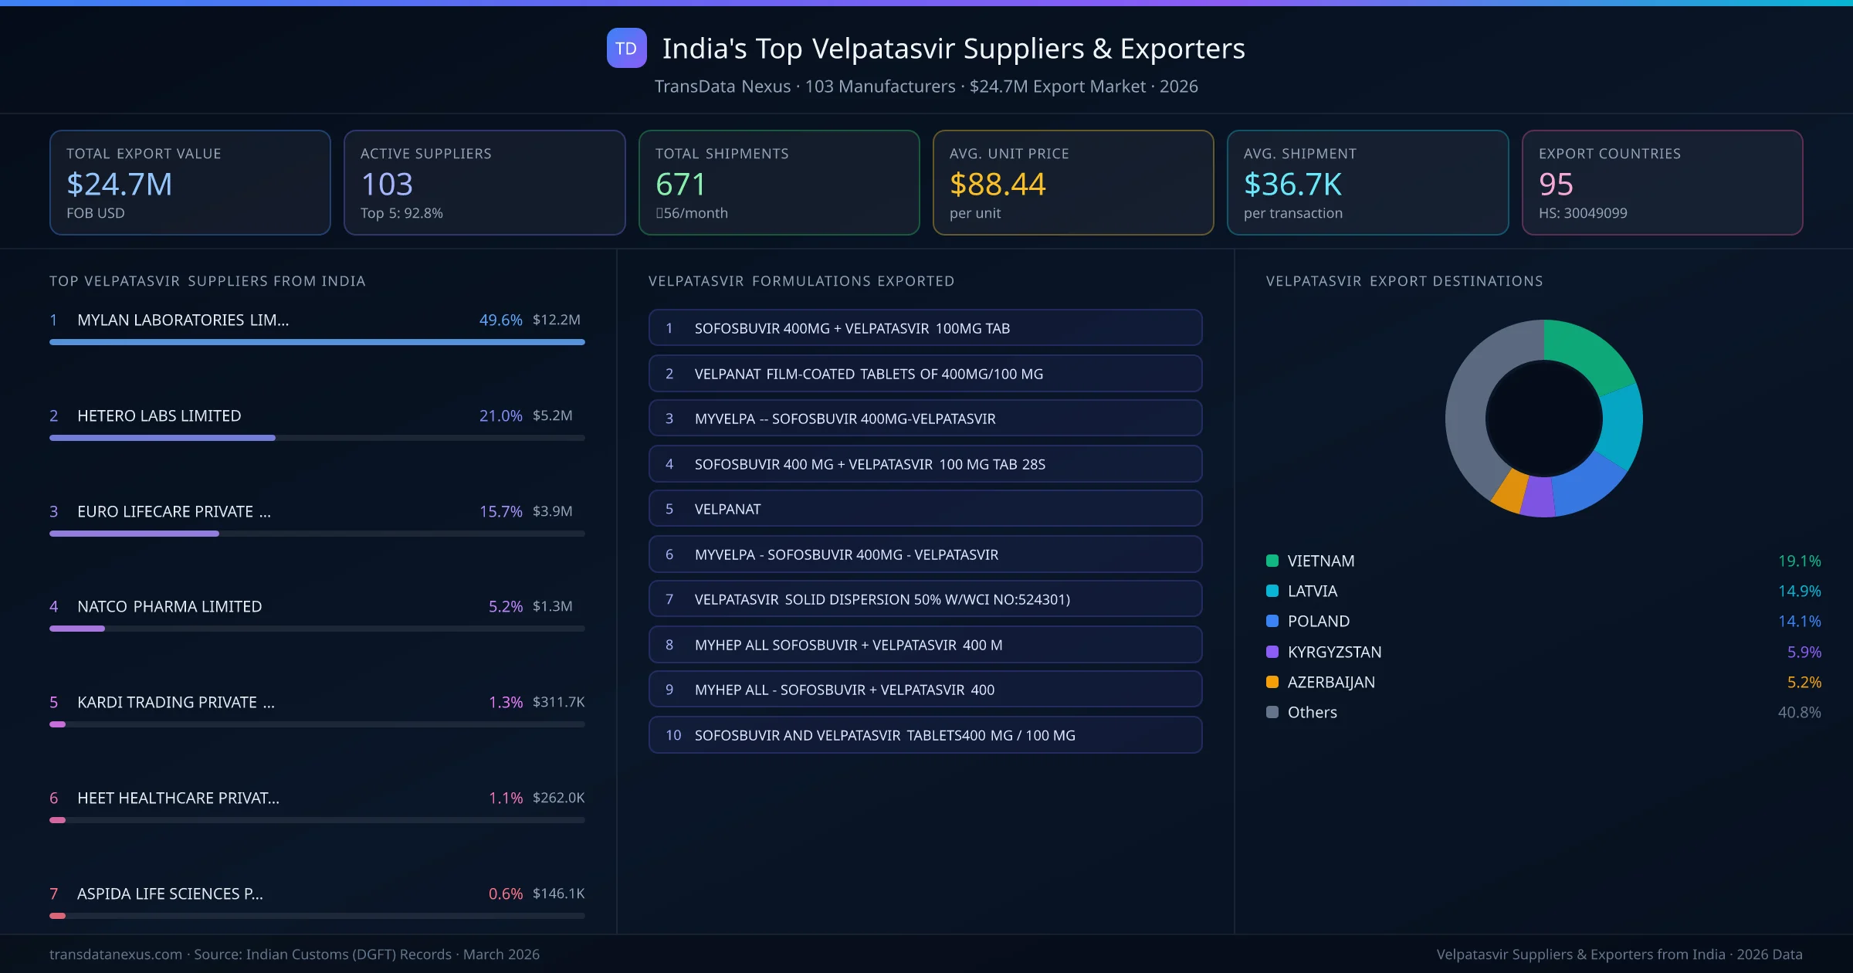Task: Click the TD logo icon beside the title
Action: [x=626, y=49]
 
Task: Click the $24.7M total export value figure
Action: [x=119, y=185]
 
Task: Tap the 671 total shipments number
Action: [x=680, y=185]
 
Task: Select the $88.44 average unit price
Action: [x=997, y=185]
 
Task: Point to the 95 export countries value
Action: [x=1555, y=185]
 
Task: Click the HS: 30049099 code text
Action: [x=1582, y=213]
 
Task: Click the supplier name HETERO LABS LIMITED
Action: [x=159, y=416]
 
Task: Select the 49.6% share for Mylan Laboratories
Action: [x=500, y=320]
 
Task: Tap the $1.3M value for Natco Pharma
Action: [x=552, y=606]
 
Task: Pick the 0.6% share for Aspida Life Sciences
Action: [x=505, y=893]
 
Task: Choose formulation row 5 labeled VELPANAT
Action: [x=925, y=509]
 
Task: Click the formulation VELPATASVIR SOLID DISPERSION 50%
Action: [x=882, y=599]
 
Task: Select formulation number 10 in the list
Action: [x=925, y=735]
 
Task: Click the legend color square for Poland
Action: [x=1272, y=621]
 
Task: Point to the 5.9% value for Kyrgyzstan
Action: [x=1804, y=652]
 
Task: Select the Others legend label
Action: [x=1312, y=712]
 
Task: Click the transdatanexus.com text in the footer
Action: [x=116, y=954]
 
